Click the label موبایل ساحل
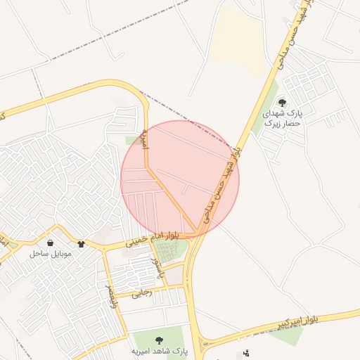pyautogui.click(x=47, y=252)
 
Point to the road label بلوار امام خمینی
pyautogui.click(x=153, y=238)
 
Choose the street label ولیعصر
pyautogui.click(x=110, y=297)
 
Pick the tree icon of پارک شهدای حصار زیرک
pyautogui.click(x=282, y=103)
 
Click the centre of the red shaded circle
pyautogui.click(x=180, y=179)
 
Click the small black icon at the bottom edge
pyautogui.click(x=245, y=353)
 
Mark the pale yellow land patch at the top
pyautogui.click(x=238, y=39)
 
